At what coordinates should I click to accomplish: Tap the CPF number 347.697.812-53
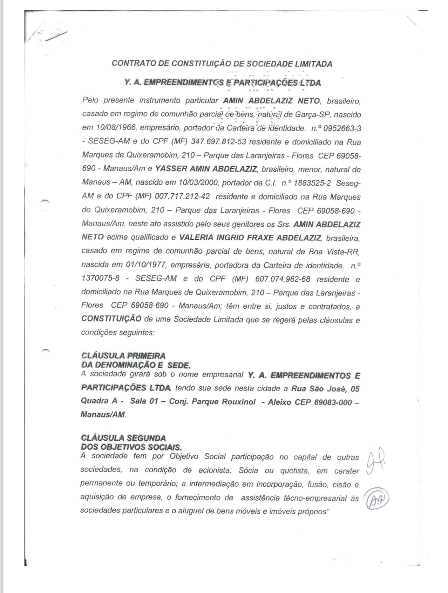(218, 142)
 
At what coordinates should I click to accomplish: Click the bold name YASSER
(171, 169)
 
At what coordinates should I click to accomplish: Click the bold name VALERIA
(196, 238)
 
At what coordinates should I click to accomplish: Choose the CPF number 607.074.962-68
(283, 279)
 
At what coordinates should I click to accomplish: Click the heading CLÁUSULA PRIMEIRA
(123, 356)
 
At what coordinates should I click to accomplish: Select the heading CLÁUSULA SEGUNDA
(123, 438)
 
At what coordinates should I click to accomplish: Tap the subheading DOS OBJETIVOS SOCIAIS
(131, 447)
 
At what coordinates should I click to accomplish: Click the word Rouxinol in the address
(239, 402)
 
